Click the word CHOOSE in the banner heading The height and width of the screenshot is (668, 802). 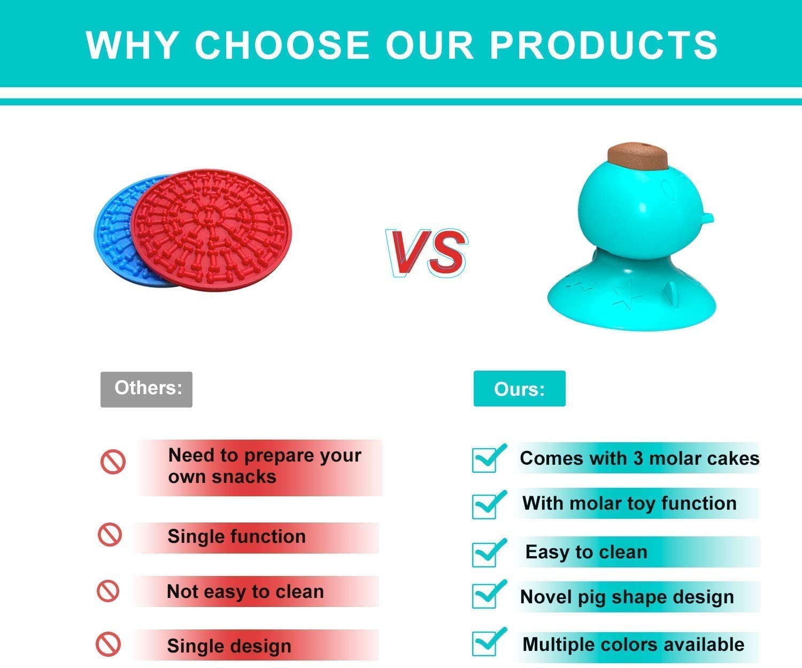[x=282, y=45]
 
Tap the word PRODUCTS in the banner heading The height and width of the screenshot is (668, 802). [x=604, y=45]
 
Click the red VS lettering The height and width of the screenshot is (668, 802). [x=427, y=253]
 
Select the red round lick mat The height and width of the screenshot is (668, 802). [x=211, y=229]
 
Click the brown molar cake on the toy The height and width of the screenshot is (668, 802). [x=638, y=156]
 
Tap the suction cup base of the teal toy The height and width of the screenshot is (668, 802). [x=631, y=296]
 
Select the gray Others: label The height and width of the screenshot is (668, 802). [x=146, y=389]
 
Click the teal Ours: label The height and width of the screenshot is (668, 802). [x=519, y=389]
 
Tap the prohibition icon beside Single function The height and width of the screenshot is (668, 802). [x=110, y=535]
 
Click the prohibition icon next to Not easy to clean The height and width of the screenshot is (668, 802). [x=108, y=591]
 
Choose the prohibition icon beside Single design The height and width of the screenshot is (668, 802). [x=108, y=644]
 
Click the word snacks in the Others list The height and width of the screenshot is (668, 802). [x=244, y=477]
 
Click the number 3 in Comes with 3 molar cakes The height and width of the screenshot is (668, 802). [x=638, y=458]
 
